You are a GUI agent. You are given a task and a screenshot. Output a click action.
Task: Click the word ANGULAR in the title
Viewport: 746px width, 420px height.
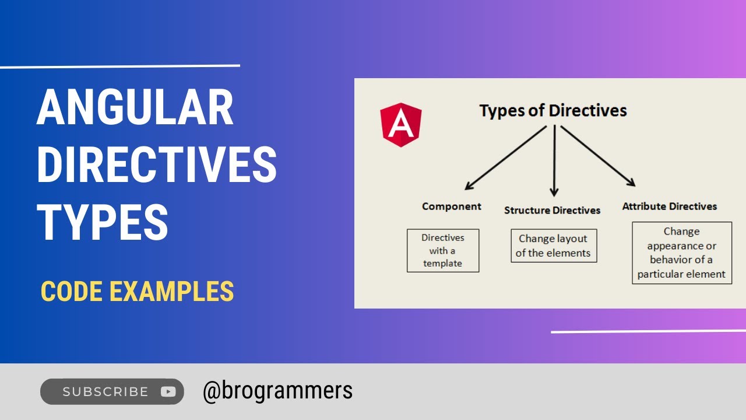click(135, 108)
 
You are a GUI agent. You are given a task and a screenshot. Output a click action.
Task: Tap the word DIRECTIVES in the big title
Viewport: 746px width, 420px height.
click(156, 164)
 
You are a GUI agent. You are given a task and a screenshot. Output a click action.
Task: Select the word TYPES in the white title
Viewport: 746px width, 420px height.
click(103, 222)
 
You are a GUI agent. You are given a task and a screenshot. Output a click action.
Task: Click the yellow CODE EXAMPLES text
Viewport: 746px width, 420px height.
click(137, 291)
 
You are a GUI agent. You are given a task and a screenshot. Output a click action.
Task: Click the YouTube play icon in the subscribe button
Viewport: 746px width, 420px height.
click(168, 391)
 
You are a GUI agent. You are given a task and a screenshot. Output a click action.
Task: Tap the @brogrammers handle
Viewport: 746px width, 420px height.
click(277, 390)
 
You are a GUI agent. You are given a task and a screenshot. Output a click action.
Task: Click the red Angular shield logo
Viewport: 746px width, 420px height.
click(401, 124)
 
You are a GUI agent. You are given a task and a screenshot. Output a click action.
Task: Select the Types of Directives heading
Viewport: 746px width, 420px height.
click(553, 110)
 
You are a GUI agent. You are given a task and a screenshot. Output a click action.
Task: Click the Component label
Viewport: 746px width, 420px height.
click(451, 206)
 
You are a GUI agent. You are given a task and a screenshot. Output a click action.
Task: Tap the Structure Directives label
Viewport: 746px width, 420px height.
click(552, 210)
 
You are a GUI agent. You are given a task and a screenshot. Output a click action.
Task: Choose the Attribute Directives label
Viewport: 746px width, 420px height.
click(669, 206)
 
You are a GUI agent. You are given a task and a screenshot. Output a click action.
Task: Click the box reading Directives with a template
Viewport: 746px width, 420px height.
click(442, 250)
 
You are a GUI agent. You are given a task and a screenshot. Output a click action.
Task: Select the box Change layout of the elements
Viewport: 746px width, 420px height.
click(553, 246)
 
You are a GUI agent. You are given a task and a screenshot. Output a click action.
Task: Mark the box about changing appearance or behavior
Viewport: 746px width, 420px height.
click(681, 253)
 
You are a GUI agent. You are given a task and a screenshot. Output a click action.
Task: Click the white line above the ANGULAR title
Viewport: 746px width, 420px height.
click(119, 66)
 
